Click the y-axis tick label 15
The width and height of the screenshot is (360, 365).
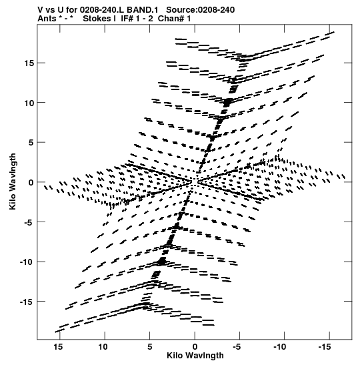[29, 63]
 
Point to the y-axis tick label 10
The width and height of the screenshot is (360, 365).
[29, 103]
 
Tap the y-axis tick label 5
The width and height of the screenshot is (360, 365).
[31, 142]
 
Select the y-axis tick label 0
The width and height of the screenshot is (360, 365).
[31, 182]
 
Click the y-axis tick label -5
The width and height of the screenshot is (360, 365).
[29, 222]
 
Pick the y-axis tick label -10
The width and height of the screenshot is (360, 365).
[27, 262]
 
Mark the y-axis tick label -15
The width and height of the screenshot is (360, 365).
[27, 302]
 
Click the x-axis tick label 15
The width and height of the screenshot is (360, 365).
[59, 347]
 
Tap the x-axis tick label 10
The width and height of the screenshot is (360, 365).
[103, 347]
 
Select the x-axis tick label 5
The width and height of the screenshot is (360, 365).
[150, 347]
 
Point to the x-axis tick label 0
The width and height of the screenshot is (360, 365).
[195, 347]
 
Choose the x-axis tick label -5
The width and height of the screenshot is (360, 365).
[237, 347]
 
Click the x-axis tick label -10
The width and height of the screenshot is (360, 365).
[279, 347]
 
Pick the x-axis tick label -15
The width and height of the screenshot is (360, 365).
[325, 347]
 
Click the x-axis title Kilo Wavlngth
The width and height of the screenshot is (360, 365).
[195, 356]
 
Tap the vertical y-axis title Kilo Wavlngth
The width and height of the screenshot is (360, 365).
[13, 181]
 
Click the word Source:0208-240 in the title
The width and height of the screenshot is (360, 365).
[201, 10]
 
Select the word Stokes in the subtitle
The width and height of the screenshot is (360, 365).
[99, 19]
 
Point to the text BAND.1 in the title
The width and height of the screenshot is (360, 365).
[143, 10]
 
